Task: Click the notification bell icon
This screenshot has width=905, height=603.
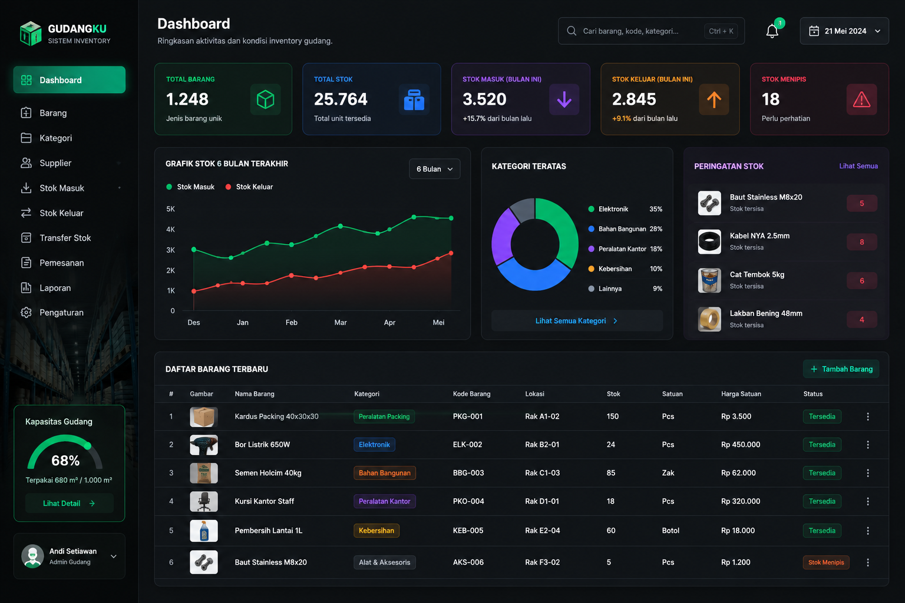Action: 772,31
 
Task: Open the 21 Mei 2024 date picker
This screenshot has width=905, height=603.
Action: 844,31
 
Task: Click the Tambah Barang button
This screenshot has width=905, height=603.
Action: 841,369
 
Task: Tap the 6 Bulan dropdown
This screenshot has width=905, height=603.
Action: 434,169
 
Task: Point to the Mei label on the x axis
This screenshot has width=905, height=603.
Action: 438,322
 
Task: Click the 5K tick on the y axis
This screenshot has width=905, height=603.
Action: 170,209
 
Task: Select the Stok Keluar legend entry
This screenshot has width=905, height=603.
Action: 249,187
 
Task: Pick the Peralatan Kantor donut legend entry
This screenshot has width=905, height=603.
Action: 625,249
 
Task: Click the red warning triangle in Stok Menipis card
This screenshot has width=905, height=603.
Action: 861,100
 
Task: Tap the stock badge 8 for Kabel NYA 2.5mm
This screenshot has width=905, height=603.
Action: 862,242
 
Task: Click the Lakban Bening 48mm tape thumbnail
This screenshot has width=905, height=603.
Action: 709,319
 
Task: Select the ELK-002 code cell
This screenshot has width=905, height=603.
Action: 467,444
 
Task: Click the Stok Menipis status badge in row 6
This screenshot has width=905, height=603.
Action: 826,562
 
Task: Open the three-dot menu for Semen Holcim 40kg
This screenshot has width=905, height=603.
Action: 868,472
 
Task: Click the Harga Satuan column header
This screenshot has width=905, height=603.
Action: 741,394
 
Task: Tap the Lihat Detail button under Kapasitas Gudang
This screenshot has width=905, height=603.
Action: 69,503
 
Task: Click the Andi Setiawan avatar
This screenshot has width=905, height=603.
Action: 32,556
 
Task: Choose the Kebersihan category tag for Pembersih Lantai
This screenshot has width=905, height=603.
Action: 376,531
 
